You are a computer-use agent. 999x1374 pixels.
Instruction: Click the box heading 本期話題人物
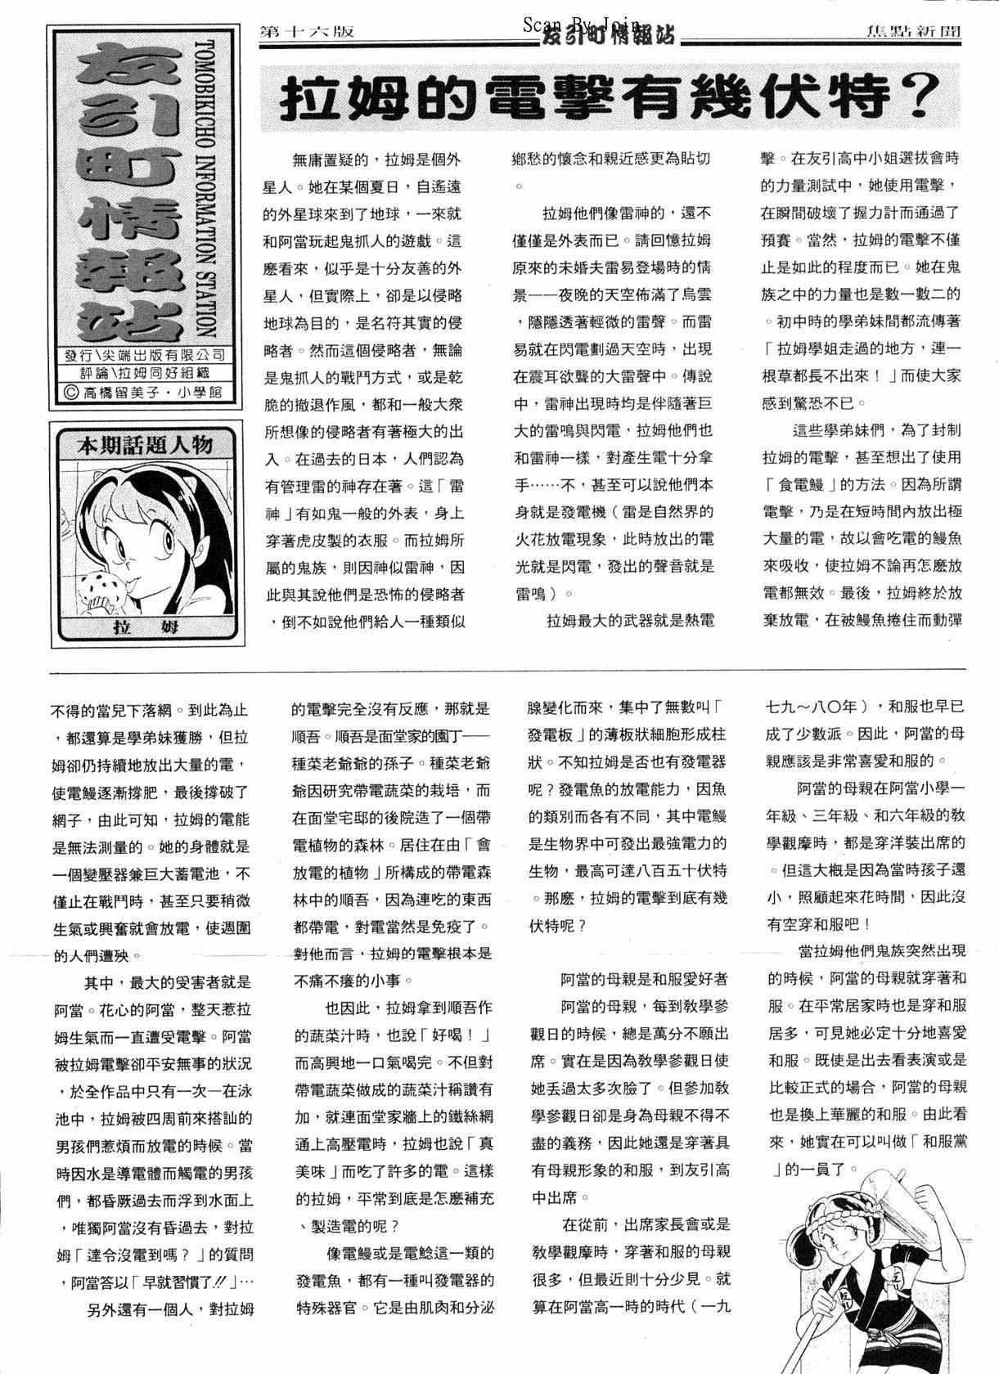pos(145,446)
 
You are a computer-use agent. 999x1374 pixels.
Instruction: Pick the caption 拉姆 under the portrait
pos(145,628)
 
